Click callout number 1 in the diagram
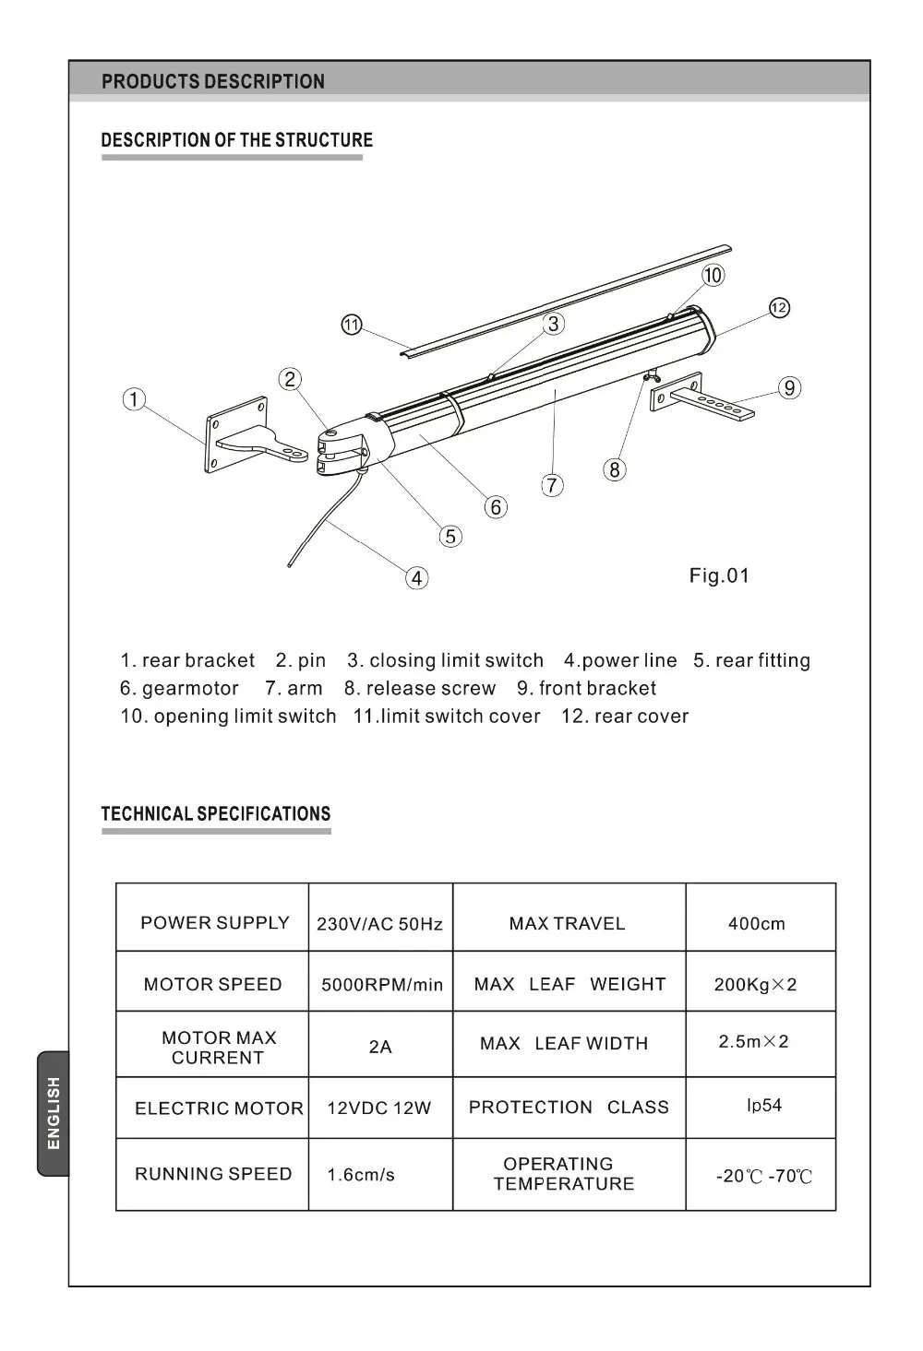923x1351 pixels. tap(135, 399)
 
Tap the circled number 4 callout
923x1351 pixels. tap(417, 578)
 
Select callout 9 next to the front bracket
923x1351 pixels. tap(789, 388)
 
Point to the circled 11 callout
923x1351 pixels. tap(352, 326)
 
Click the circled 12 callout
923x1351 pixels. tap(779, 308)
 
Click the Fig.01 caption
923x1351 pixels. tap(719, 576)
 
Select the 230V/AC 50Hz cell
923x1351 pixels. tap(379, 924)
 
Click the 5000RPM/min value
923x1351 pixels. tap(382, 985)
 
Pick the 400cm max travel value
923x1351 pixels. tap(756, 924)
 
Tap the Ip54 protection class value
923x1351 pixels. tap(763, 1105)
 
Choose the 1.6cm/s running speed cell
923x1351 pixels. tap(361, 1175)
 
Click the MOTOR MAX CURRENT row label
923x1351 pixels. tap(218, 1048)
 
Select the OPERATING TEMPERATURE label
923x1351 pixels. tap(562, 1174)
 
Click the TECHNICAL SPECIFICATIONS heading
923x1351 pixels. tap(215, 814)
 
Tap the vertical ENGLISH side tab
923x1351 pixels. tap(54, 1113)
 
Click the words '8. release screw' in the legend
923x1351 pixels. tap(420, 689)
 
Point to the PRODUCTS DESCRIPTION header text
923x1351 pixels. tap(213, 81)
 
